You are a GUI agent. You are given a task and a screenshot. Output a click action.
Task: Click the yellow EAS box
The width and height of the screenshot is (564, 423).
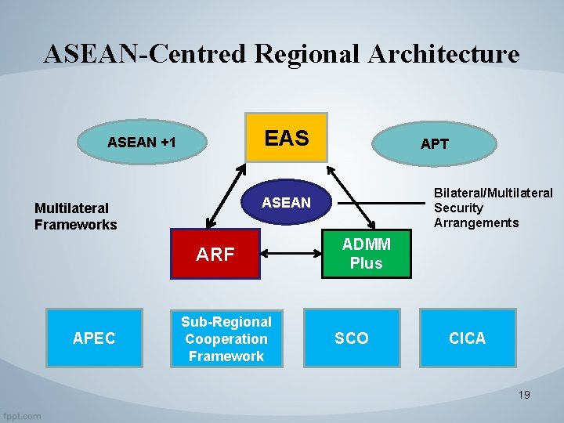click(x=286, y=138)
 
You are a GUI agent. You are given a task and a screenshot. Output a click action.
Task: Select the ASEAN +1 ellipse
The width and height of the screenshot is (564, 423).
click(x=142, y=143)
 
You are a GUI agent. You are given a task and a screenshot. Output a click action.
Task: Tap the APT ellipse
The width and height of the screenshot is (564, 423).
click(x=435, y=144)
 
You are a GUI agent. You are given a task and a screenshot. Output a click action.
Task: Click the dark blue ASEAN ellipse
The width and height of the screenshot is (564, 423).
click(x=286, y=203)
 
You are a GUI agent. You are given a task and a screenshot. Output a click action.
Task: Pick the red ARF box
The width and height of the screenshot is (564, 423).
click(x=215, y=254)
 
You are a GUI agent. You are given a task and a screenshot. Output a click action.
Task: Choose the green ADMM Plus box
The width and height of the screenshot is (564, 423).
click(x=366, y=255)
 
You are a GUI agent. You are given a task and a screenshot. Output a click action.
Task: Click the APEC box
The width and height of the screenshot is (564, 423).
click(x=94, y=338)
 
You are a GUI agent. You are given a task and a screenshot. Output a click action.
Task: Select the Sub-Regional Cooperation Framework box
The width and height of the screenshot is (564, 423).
click(x=226, y=338)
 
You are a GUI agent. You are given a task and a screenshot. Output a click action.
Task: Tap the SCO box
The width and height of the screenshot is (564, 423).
click(x=352, y=338)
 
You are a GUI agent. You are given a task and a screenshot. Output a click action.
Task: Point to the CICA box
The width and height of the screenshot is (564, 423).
click(x=468, y=338)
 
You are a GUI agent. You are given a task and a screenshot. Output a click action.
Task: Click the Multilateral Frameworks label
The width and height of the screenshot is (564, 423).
click(x=75, y=216)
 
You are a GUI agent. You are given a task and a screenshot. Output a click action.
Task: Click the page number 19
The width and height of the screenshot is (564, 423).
click(x=524, y=395)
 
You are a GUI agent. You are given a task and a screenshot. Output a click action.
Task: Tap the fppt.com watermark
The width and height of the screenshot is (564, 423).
click(x=22, y=416)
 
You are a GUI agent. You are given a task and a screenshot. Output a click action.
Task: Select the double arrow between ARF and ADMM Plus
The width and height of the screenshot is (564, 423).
click(x=291, y=254)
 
